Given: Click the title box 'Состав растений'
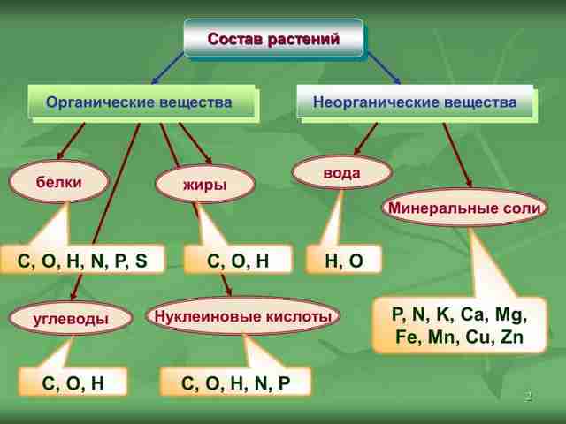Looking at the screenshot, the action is [x=273, y=38].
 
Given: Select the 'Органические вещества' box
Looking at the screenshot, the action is [x=143, y=103].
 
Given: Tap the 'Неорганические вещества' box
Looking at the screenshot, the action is [x=417, y=103].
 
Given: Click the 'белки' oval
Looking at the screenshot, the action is [x=59, y=182].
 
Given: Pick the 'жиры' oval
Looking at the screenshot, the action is [x=205, y=184].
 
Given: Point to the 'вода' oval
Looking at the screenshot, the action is [x=342, y=172].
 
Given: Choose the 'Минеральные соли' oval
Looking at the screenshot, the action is [x=465, y=208].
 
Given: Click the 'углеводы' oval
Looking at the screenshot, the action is [x=71, y=318].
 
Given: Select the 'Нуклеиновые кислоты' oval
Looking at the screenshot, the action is [x=243, y=316].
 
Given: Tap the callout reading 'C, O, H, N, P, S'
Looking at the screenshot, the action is [x=82, y=260].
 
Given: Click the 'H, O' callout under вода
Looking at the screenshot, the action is [x=344, y=260].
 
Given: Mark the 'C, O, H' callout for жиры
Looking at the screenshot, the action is [x=238, y=260].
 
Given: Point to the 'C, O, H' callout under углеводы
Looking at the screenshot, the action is [x=73, y=382].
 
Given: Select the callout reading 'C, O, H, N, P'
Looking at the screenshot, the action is [x=235, y=382].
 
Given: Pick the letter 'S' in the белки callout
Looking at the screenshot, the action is [x=141, y=261].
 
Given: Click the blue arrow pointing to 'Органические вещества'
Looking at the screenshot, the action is [x=168, y=68].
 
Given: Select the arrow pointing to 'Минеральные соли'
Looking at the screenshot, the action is [x=458, y=155].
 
